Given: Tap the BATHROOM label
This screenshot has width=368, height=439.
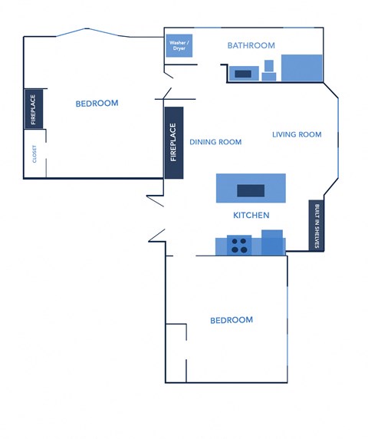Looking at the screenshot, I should coord(251,46).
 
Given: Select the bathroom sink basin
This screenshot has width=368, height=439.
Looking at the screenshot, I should coord(243,74).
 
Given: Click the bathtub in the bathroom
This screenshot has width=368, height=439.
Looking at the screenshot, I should coord(301,68).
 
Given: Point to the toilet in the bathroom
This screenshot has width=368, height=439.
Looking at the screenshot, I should coord(268,71).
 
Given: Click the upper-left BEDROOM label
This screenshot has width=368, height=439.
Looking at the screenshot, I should coord(97,104).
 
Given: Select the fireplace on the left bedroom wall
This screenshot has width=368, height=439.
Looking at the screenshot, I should coord(34,110).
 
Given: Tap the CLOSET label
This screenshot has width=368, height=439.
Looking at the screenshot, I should coord(34,153).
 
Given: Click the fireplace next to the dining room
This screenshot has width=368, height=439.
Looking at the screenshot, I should coord(173,142).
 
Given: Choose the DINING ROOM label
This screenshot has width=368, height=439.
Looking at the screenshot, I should coord(215,142).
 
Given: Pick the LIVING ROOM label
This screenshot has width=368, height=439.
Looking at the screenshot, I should coord(297,134).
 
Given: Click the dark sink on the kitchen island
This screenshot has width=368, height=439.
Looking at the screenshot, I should coord(251,190).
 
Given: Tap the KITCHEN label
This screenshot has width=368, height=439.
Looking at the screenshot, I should coord(251,216).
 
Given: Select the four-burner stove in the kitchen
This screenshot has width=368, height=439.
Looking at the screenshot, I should coord(240,246).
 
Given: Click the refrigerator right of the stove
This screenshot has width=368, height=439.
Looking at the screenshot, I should coord(272,243).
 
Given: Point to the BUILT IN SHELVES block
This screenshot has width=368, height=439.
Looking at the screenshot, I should coord(316,226).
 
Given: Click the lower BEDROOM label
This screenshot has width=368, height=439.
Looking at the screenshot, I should coord(232,320).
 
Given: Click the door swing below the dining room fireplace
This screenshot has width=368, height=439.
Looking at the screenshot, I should coord(156,201).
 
